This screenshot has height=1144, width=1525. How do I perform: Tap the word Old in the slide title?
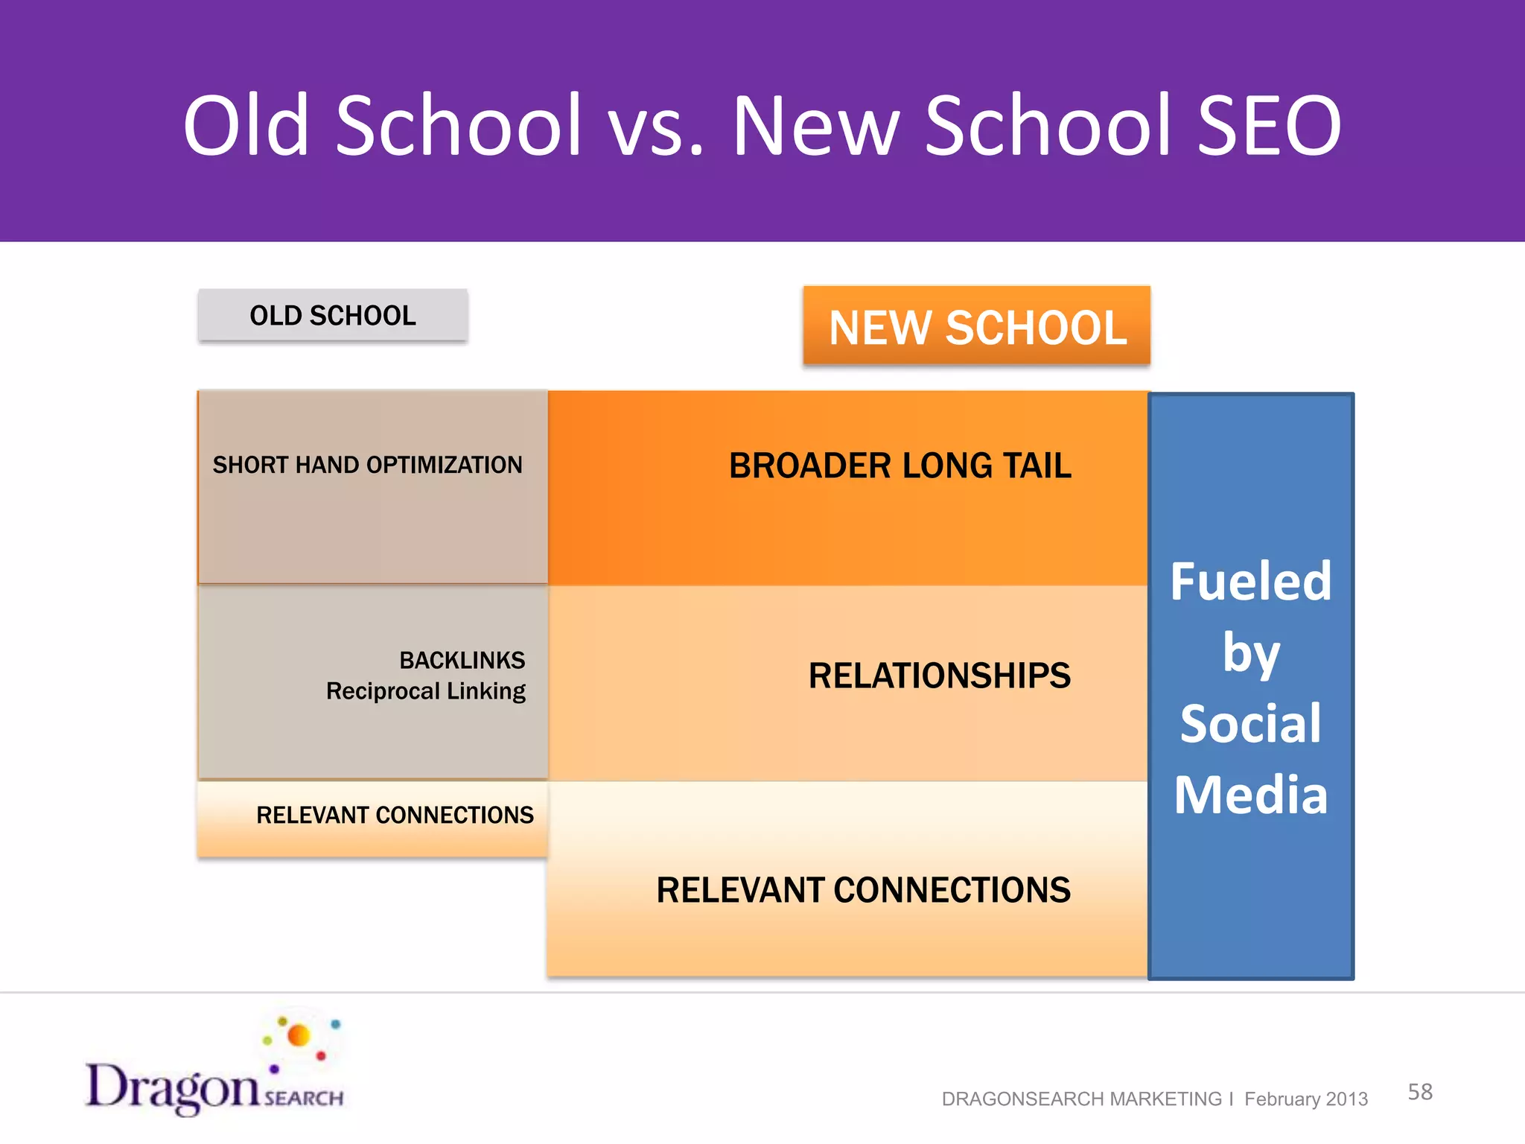coord(246,125)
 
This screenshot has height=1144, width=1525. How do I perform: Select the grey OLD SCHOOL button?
coord(333,315)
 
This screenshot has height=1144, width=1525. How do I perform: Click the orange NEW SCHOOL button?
coord(977,327)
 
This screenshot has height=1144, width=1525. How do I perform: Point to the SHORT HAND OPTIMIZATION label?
coord(367,465)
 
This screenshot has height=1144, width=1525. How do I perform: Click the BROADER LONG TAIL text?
coord(900,466)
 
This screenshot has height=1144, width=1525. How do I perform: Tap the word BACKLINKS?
coord(462,660)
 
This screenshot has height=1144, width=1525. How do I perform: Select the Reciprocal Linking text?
coord(425,691)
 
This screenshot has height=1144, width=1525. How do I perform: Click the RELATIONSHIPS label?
coord(939,676)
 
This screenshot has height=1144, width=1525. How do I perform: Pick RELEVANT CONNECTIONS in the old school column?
coord(395,815)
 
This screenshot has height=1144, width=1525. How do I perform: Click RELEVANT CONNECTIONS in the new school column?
coord(863,890)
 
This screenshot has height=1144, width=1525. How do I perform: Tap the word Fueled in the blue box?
coord(1250,581)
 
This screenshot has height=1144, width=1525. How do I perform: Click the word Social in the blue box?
coord(1250,724)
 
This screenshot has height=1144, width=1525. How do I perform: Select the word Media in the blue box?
coord(1250,795)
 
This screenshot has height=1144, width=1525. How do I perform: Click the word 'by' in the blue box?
coord(1250,654)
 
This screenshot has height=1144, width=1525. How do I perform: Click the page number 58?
coord(1419,1092)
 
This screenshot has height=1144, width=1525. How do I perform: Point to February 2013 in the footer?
coord(1305,1099)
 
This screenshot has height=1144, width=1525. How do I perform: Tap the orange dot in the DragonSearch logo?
coord(299,1035)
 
